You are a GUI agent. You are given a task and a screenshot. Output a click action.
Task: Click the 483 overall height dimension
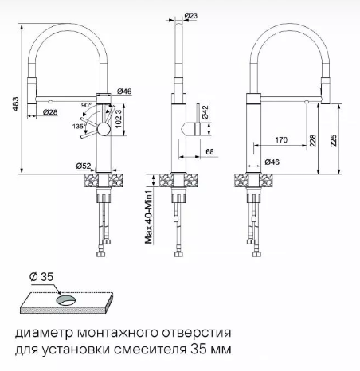16,104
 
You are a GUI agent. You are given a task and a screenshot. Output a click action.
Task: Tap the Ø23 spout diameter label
191,16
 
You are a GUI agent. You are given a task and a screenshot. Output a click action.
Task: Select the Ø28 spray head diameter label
50,112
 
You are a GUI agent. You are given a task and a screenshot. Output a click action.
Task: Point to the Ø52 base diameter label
84,166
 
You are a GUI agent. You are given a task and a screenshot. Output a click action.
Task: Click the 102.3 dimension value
119,119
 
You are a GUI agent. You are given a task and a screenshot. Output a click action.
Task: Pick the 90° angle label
86,105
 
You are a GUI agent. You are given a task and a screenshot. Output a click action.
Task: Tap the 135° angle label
79,127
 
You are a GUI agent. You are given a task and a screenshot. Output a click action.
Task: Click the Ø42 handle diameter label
205,112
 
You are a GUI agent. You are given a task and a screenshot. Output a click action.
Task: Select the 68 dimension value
209,151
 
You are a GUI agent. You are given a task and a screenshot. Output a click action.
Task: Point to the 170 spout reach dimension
281,139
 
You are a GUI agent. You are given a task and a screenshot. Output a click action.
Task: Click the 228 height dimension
313,141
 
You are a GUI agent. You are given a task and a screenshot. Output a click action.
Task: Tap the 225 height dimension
334,141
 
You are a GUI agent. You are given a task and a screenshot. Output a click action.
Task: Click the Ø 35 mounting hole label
41,277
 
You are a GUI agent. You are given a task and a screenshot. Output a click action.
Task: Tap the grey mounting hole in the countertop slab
66,301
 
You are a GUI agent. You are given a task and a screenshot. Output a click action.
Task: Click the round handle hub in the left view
104,129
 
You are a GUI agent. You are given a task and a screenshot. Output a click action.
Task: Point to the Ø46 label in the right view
272,162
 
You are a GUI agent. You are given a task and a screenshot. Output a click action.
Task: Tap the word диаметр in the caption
44,333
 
